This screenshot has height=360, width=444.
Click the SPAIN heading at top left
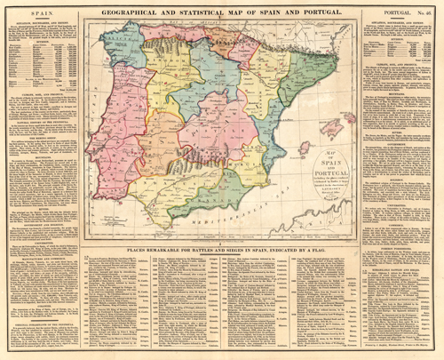point(28,6)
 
